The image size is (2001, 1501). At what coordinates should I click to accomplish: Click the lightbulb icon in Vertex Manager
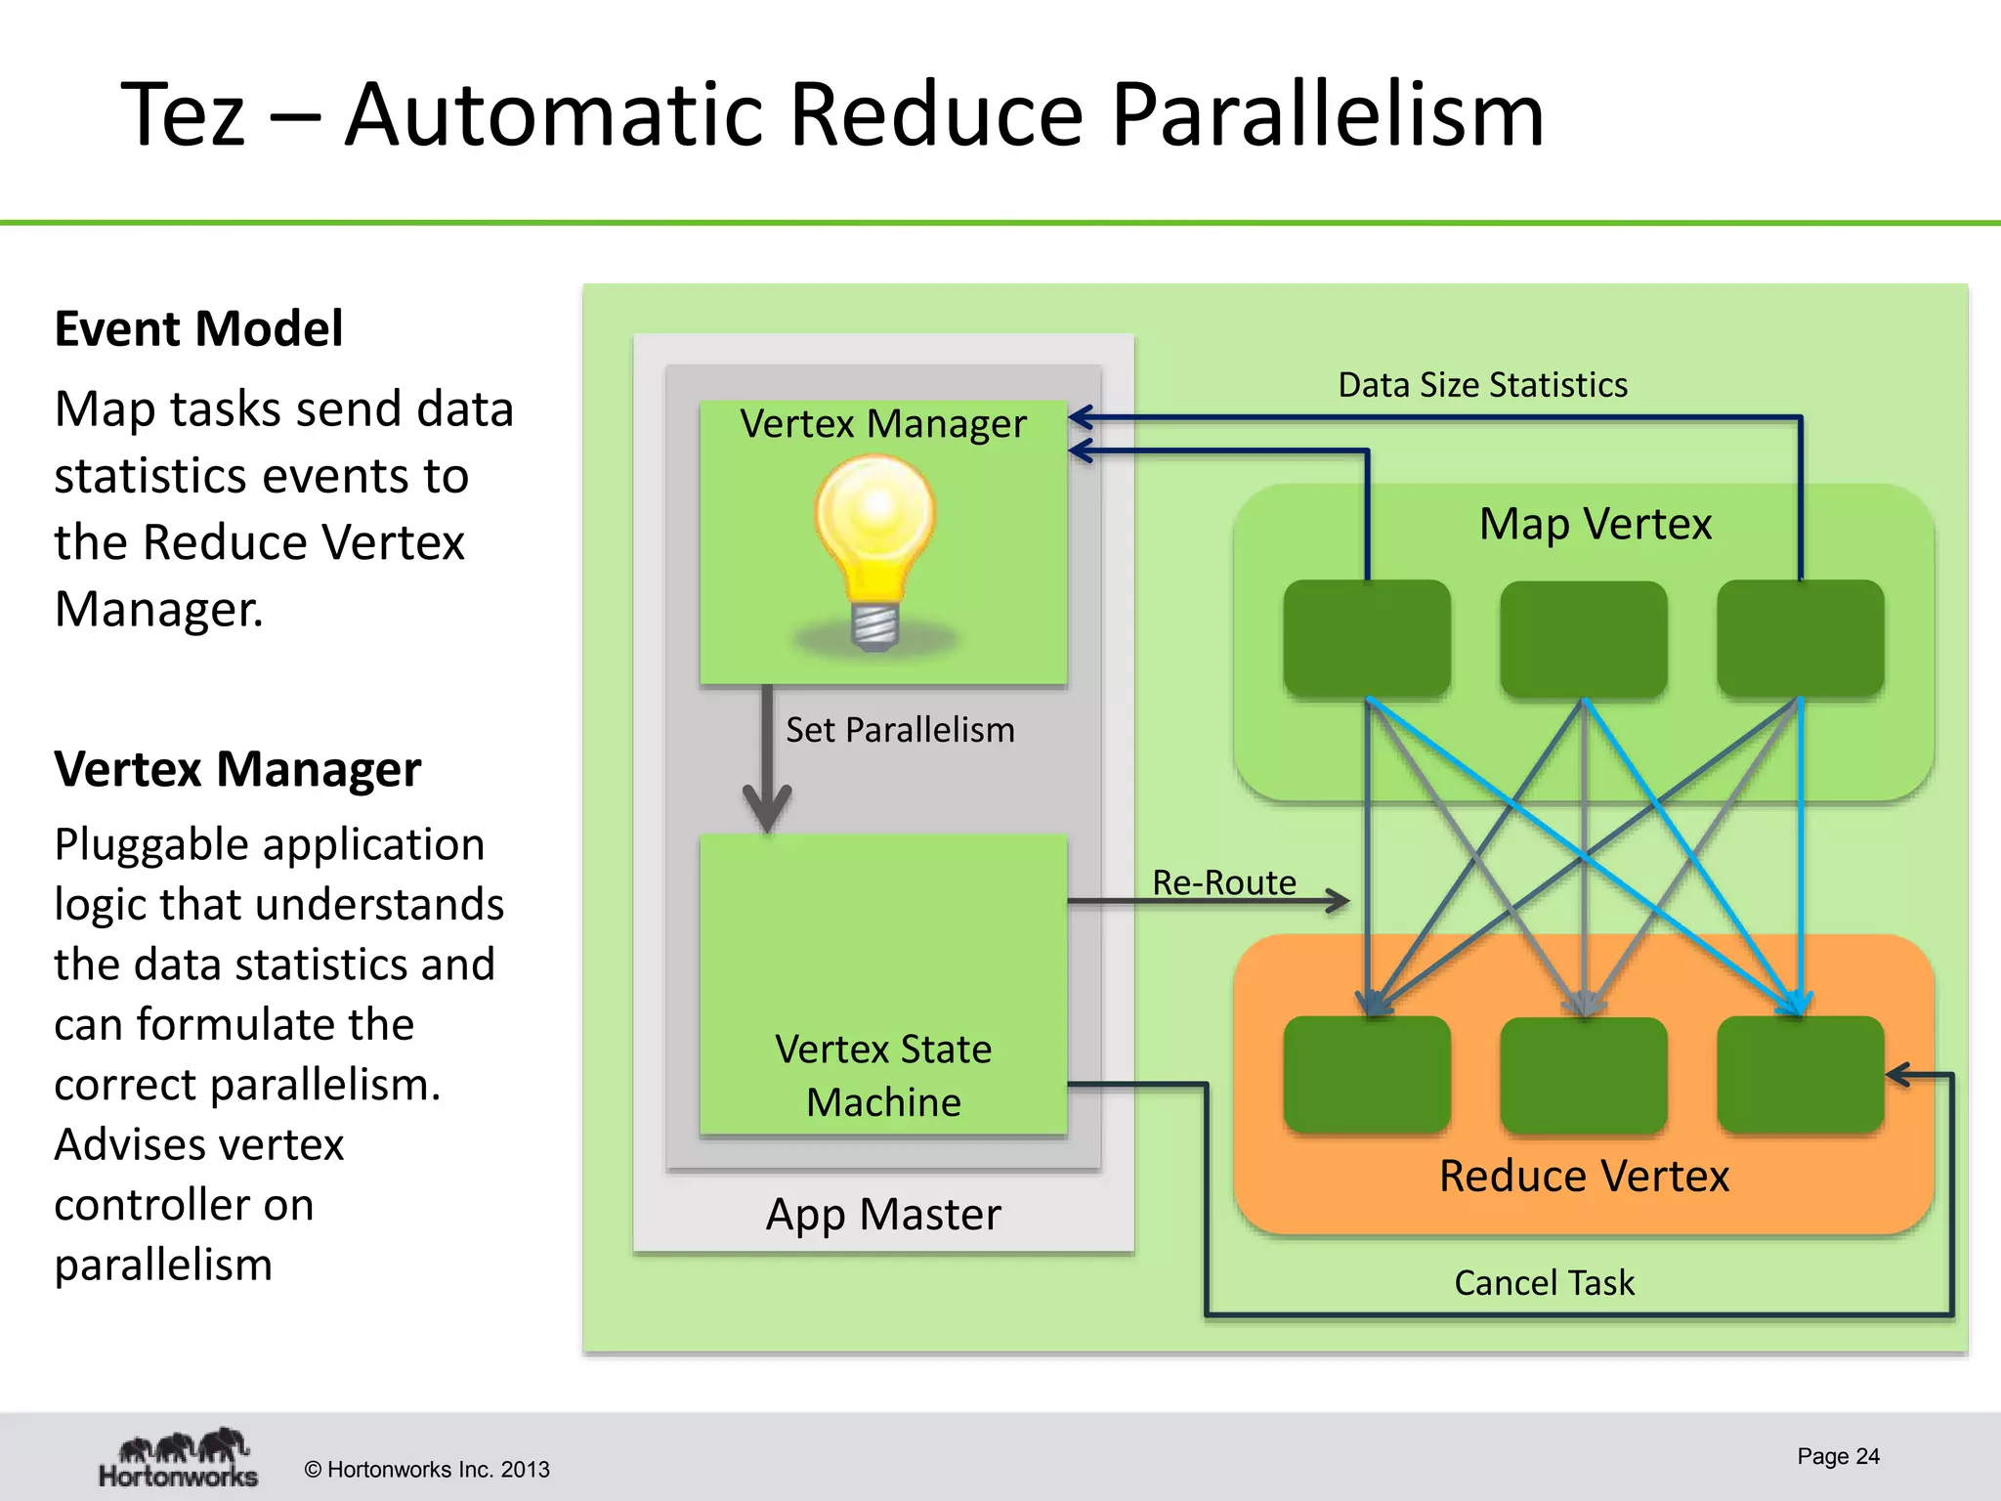(x=875, y=552)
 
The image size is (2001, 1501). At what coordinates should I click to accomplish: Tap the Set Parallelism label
(x=900, y=730)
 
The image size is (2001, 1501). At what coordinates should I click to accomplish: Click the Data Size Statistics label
(x=1482, y=385)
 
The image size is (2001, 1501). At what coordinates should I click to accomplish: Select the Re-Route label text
(x=1223, y=882)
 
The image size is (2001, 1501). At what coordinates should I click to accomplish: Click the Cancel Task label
(x=1544, y=1282)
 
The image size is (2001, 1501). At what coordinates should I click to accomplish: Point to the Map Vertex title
(x=1595, y=524)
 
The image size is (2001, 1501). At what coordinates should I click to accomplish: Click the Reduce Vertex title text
(x=1584, y=1176)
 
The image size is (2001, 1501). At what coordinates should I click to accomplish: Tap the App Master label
(x=883, y=1215)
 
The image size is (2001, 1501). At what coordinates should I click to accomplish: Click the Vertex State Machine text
(x=883, y=1075)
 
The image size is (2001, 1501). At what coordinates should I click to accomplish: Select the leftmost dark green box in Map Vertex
(x=1367, y=638)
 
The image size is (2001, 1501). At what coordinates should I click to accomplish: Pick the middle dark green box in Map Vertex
(x=1584, y=639)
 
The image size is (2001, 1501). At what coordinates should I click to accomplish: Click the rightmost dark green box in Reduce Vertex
(x=1801, y=1074)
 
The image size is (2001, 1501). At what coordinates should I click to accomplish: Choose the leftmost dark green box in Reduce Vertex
(x=1367, y=1074)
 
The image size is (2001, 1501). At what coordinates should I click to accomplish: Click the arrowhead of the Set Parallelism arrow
(x=768, y=811)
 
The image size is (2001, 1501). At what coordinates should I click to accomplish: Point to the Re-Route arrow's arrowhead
(x=1339, y=900)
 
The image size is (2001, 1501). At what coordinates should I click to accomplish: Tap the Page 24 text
(x=1838, y=1456)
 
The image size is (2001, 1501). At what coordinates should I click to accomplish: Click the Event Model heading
(x=198, y=328)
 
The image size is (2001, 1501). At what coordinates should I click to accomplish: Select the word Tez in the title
(x=183, y=115)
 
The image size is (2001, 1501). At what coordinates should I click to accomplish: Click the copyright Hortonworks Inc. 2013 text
(x=427, y=1469)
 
